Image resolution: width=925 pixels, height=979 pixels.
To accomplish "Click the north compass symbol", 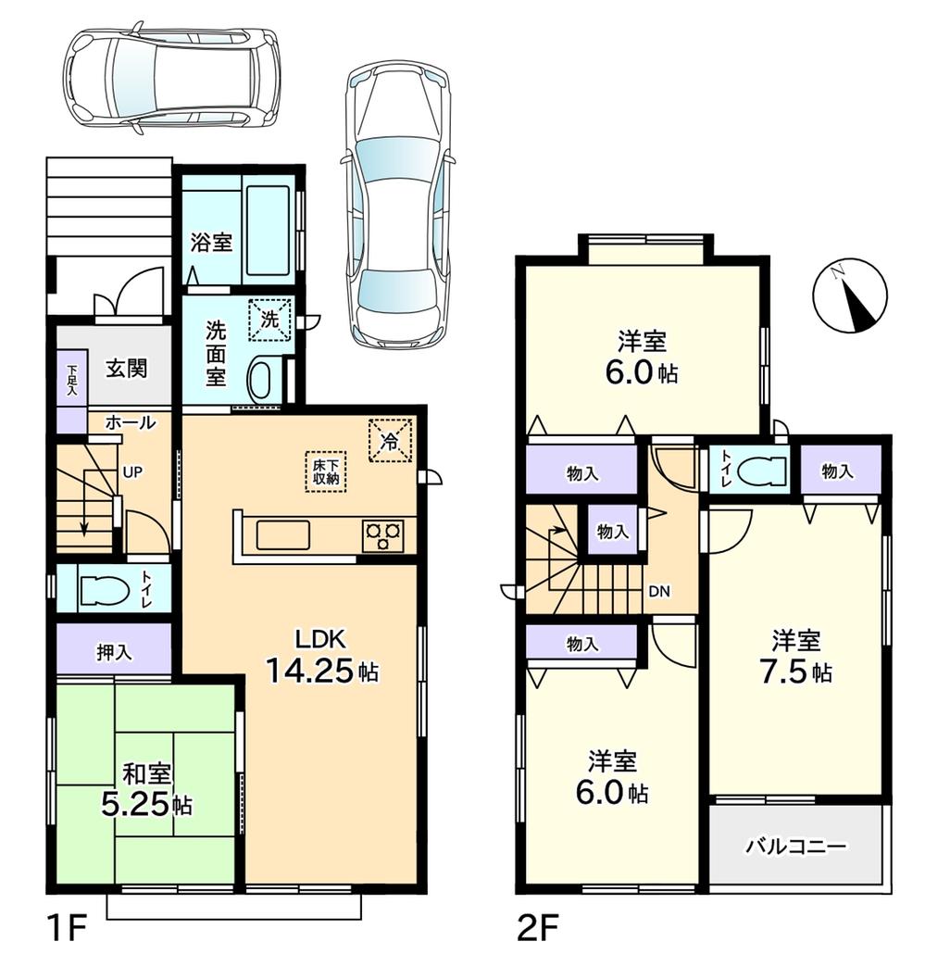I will [x=849, y=299].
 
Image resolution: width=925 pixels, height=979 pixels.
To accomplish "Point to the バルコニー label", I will [x=795, y=847].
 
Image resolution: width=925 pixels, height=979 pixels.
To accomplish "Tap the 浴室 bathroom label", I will [x=210, y=244].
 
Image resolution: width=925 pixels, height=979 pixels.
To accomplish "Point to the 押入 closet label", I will [x=113, y=651].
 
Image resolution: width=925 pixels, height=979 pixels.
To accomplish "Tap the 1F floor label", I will [x=61, y=927].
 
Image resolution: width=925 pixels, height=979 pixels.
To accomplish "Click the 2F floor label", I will [x=530, y=927].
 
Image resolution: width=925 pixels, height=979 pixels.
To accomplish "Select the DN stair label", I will [x=659, y=591].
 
